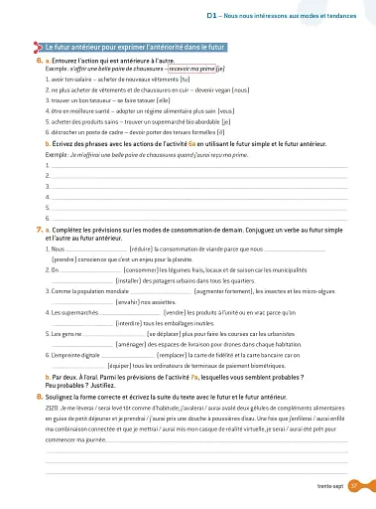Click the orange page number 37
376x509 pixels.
(367, 485)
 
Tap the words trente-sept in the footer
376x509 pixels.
(343, 485)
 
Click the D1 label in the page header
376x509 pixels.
(211, 6)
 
